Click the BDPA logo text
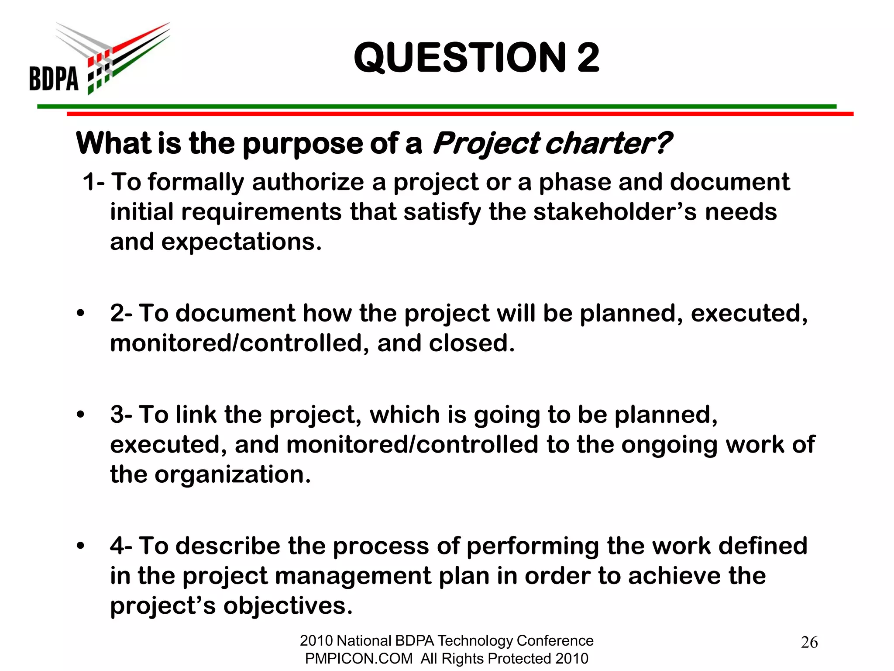[54, 79]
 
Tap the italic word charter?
[609, 143]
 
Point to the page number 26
[809, 642]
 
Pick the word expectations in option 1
[241, 242]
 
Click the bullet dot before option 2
[80, 313]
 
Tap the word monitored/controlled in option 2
[236, 343]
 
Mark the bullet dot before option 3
[80, 415]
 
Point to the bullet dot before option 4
[80, 546]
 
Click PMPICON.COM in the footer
[358, 658]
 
